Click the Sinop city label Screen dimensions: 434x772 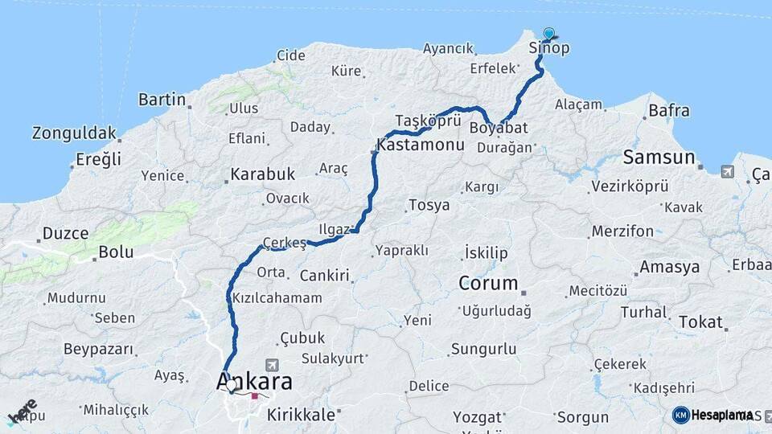[549, 48]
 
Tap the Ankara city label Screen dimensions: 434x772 [254, 382]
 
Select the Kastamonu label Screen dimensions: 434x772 [421, 146]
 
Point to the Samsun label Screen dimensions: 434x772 [659, 157]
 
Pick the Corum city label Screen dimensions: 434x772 [488, 283]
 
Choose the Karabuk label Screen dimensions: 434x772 [263, 174]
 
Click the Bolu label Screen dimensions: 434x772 [115, 252]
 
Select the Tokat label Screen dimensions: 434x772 [700, 321]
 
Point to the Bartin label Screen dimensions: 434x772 [162, 100]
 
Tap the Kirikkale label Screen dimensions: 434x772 [300, 415]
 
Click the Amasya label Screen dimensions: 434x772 [669, 268]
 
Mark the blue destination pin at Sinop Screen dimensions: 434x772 [549, 34]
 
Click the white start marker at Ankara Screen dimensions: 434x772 [232, 385]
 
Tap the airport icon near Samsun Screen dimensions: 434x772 [728, 171]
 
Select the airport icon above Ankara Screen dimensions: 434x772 [269, 364]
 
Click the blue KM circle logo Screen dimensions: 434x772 [681, 415]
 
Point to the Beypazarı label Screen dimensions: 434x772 [97, 350]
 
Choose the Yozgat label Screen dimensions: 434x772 [477, 417]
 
